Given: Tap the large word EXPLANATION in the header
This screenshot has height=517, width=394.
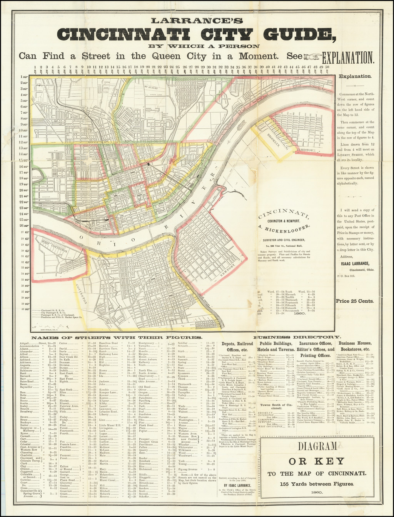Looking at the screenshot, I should (348, 57).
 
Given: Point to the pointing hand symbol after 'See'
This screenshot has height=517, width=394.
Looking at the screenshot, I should (312, 57).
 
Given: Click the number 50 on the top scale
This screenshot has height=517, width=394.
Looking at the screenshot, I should (327, 67).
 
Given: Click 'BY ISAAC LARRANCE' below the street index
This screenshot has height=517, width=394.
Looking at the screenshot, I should (235, 483).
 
